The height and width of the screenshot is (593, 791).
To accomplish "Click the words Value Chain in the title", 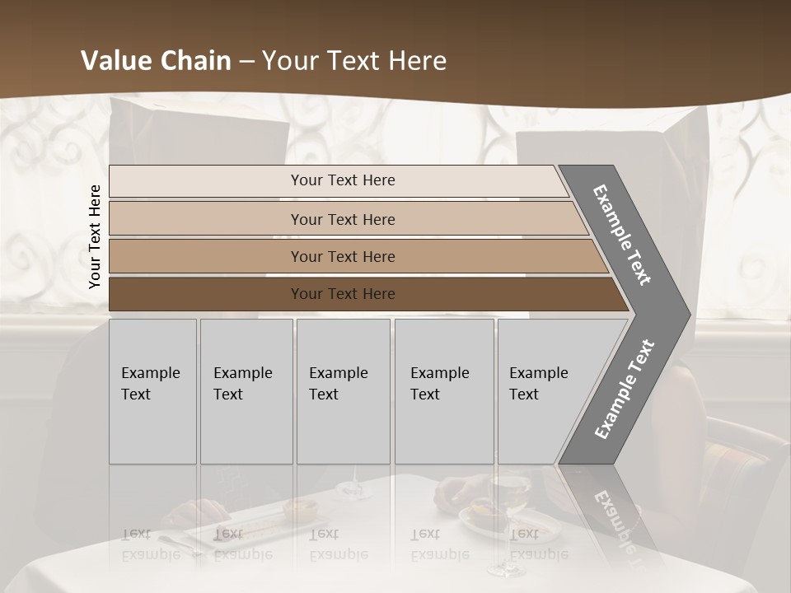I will (x=156, y=61).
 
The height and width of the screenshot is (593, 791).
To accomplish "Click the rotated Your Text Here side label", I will (x=95, y=236).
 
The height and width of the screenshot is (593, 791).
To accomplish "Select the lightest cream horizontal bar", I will (x=206, y=181).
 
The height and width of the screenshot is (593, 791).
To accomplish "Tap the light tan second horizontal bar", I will (x=206, y=219).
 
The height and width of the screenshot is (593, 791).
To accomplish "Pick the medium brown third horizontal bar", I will (x=206, y=256).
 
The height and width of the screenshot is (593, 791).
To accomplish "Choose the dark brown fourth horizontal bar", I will (x=206, y=294).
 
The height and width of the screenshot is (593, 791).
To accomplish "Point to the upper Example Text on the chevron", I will (x=622, y=235).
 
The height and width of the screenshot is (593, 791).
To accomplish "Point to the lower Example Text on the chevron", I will (x=624, y=390).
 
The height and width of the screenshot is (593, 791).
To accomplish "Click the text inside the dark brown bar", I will (x=343, y=294).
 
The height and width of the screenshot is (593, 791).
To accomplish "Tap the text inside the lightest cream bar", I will (x=343, y=180).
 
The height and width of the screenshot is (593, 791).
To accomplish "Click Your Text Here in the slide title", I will (x=354, y=61).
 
